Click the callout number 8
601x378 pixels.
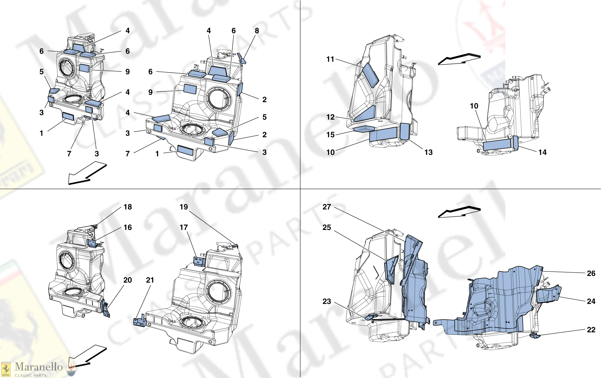(x=257, y=31)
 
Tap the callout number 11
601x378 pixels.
(x=330, y=59)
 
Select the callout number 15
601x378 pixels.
(x=330, y=135)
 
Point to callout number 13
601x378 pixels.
(x=428, y=152)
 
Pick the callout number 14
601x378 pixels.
(x=542, y=152)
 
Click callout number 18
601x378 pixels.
(x=128, y=207)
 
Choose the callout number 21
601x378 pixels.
(x=150, y=280)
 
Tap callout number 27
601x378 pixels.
(x=327, y=207)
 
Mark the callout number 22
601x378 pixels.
(x=591, y=330)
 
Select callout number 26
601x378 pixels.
(x=591, y=273)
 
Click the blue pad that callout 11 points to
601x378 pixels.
(x=370, y=75)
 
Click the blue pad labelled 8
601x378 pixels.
(x=242, y=59)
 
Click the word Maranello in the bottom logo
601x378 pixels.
(x=39, y=367)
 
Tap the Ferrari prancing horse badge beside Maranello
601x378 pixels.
(x=6, y=369)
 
